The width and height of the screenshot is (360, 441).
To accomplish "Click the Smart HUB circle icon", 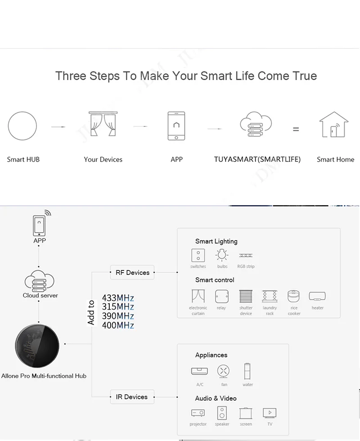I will [x=22, y=126].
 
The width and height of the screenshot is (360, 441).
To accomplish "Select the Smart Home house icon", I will [x=333, y=125].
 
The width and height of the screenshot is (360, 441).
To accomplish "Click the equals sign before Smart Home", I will [x=296, y=129].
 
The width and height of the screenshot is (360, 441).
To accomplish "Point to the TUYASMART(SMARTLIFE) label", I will [x=257, y=159].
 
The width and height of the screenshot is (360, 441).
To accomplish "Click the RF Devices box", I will [x=132, y=272].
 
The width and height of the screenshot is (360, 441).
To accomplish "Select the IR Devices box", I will [x=132, y=397].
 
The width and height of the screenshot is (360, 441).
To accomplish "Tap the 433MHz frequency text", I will [x=118, y=298].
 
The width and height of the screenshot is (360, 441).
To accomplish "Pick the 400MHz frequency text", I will [x=118, y=325].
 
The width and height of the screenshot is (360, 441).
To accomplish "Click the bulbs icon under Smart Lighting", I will [x=222, y=256].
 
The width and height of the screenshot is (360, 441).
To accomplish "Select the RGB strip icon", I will [x=246, y=255].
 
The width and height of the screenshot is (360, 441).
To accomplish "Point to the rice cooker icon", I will [x=294, y=296].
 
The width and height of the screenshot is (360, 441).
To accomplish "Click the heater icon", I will [x=317, y=296].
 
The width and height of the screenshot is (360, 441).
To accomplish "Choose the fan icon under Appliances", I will [x=224, y=371].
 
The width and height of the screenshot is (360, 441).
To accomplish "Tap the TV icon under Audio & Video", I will [x=270, y=413].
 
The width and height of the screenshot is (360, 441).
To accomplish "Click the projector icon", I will [x=198, y=413].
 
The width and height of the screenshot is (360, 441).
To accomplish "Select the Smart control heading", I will [x=215, y=280].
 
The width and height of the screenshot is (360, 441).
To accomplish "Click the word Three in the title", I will [x=70, y=76].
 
